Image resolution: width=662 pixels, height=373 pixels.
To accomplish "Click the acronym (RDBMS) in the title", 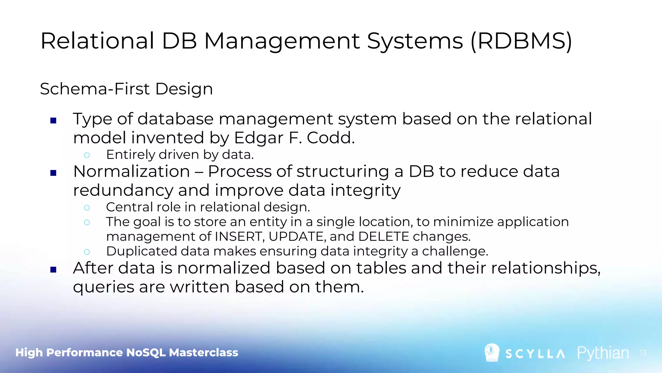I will click(521, 41).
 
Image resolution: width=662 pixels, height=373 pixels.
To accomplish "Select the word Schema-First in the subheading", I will click(95, 89).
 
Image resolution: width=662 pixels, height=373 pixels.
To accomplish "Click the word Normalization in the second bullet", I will click(132, 171).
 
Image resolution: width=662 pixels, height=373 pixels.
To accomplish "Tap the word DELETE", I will click(384, 237).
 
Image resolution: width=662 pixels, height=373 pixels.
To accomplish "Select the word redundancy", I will click(123, 190).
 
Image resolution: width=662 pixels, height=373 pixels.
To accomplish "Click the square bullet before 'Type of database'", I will click(54, 121).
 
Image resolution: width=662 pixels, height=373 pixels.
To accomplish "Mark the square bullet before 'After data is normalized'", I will click(54, 270).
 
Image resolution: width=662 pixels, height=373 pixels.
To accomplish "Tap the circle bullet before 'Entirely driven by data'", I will click(87, 155).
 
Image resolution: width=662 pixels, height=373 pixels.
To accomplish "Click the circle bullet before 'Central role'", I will click(87, 208).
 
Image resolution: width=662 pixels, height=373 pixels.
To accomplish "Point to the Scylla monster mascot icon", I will click(492, 352).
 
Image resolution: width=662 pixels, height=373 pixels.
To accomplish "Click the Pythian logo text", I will click(603, 353).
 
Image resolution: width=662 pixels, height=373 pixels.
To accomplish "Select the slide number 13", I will click(643, 353).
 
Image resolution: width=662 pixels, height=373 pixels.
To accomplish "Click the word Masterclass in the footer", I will click(204, 353).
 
